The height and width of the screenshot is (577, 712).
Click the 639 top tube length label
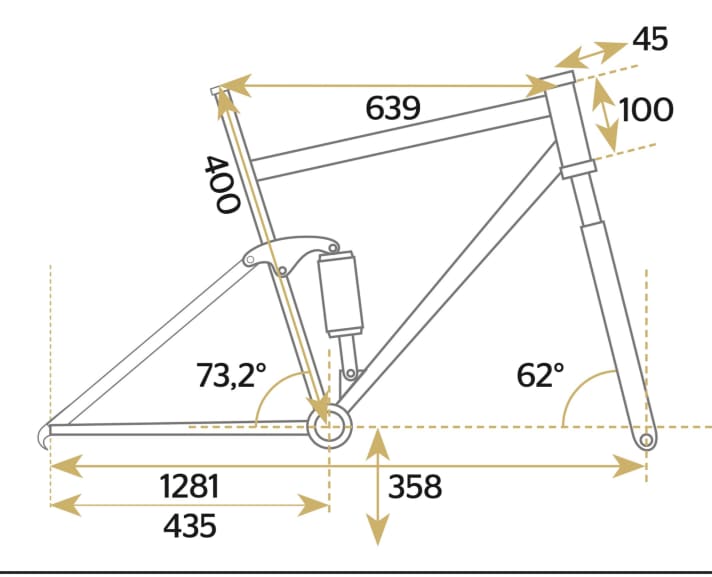coord(392,108)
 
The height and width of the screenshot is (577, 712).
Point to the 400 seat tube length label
coord(222,184)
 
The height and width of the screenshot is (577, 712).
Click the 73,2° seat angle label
coord(231,376)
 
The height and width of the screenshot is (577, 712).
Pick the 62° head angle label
coord(541,376)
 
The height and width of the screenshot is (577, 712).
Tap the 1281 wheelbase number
coord(189,487)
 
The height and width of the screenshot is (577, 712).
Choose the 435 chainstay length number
coord(189,525)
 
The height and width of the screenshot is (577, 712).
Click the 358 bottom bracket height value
coord(414,487)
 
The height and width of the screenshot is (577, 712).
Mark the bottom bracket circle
coord(330,428)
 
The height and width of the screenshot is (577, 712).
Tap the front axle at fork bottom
coord(646,439)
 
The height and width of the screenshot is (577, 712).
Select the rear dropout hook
coord(44,435)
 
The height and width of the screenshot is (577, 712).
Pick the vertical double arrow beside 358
coord(377,486)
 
